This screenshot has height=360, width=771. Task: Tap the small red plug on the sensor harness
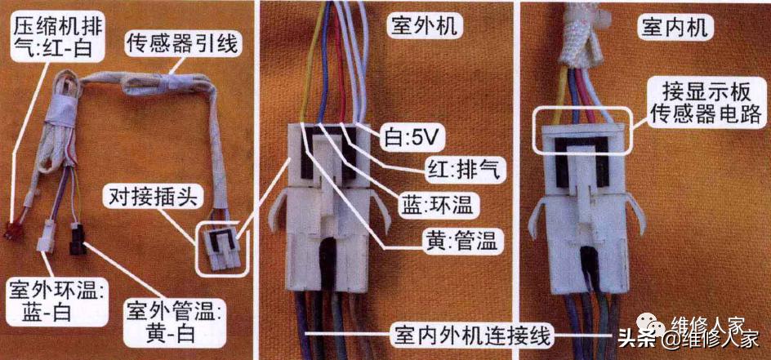[11, 231]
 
